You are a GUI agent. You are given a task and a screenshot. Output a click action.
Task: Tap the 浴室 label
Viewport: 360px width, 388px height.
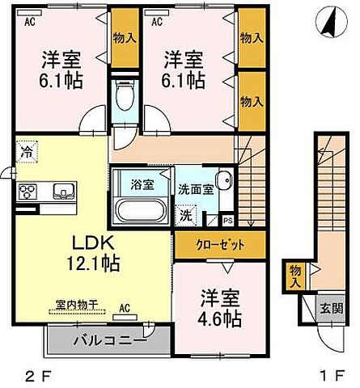coord(141,183)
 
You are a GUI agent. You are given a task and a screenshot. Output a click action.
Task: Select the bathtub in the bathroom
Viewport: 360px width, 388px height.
coord(141,210)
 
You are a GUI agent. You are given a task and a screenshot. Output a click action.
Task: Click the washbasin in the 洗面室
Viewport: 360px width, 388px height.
coord(224,183)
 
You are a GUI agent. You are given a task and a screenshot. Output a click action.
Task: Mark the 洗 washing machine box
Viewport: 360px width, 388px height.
coord(186,216)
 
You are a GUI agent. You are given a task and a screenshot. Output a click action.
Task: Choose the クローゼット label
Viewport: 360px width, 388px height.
coord(218,244)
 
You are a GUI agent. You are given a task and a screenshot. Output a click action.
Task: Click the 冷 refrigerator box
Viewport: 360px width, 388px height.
coord(27,150)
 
